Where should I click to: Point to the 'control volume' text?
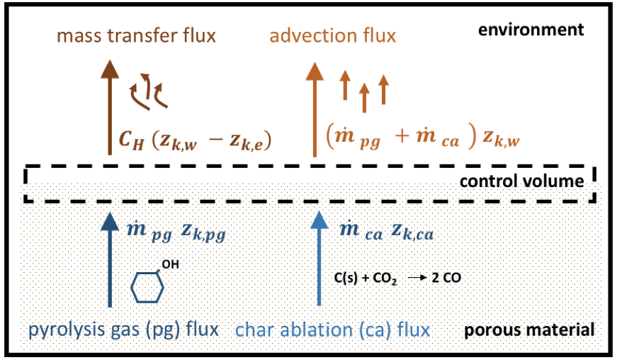(522, 181)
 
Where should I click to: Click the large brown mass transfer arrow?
(110, 106)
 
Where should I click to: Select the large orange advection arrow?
(315, 106)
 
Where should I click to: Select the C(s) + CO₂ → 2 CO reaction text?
(397, 279)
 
